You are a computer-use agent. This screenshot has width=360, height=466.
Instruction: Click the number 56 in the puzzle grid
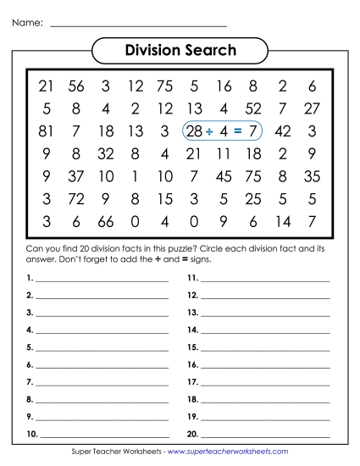pos(76,86)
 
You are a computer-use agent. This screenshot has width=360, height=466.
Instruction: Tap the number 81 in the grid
pos(46,131)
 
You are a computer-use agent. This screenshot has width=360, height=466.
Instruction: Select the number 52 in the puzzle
pos(252,108)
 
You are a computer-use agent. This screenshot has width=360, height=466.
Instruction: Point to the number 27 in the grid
pos(312,108)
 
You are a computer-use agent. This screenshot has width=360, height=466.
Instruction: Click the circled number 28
pos(194,131)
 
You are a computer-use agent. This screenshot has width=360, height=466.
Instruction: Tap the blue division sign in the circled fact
pos(209,131)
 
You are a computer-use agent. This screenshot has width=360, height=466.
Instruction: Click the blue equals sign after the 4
pos(238,131)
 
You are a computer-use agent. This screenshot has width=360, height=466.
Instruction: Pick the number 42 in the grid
pos(283,131)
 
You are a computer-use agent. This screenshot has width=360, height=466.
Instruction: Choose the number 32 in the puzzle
pos(105,154)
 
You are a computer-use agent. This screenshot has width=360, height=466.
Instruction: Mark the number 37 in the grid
pos(76,177)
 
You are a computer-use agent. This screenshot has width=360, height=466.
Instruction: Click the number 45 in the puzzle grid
pos(224,177)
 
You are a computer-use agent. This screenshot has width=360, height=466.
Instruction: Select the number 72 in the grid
pos(76,200)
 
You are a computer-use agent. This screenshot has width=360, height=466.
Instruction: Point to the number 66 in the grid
pos(105,223)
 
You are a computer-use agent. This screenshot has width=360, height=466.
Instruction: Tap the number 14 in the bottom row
pos(283,223)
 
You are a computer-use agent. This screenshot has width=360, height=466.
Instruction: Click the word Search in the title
pos(207,50)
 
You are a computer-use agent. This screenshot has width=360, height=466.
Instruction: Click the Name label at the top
pos(27,23)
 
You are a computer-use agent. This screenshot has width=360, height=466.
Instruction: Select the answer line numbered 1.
pos(102,279)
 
